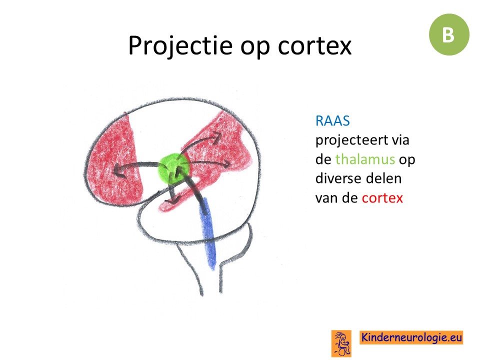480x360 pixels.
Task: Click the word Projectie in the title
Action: (180, 46)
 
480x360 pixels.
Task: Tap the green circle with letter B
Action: (449, 34)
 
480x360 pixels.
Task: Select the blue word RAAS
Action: (332, 121)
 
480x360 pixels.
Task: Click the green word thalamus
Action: (365, 159)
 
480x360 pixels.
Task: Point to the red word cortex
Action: (382, 198)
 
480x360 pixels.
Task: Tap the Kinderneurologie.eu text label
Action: (411, 337)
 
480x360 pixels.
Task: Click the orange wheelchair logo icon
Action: (341, 343)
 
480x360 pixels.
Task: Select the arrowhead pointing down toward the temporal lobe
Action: (172, 200)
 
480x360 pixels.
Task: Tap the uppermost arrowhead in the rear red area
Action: (216, 136)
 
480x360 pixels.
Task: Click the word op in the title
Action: (255, 48)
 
